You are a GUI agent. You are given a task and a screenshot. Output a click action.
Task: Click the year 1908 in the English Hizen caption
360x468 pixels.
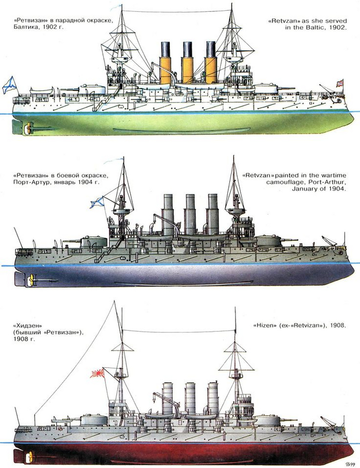(x=336, y=326)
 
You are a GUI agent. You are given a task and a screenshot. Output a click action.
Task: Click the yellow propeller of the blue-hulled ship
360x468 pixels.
(x=30, y=280)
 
